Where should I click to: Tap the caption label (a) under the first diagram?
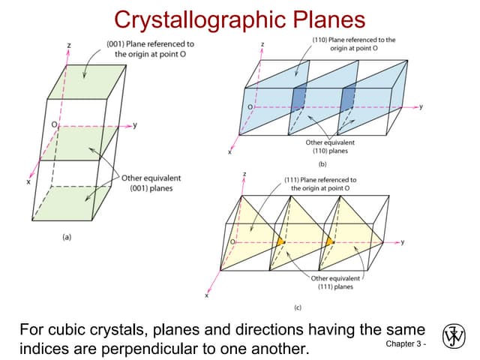pos(67,237)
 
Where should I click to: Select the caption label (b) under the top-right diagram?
pos(323,163)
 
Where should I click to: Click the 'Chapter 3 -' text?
pos(405,344)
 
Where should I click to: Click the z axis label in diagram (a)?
pos(68,46)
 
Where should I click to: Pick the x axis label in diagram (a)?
pos(28,182)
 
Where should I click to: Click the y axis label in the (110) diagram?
pos(421,107)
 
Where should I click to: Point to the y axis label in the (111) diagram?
pos(403,241)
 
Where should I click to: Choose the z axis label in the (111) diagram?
pos(245,174)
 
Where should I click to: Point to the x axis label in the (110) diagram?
pos(229,151)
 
